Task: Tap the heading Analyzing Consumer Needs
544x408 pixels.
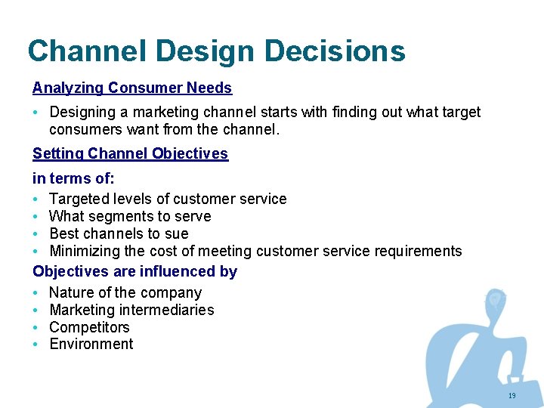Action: [132, 88]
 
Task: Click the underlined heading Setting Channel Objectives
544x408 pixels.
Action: [130, 153]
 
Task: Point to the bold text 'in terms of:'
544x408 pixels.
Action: [73, 179]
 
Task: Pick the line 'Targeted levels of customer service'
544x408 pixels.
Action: [168, 199]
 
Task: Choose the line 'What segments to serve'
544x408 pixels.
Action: [130, 216]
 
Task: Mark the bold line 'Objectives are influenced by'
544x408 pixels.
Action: [134, 271]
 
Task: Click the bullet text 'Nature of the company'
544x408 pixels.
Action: [125, 292]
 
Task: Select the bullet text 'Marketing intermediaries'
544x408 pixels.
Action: [131, 310]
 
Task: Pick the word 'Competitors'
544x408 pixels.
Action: [89, 327]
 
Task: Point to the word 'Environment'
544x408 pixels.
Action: [91, 345]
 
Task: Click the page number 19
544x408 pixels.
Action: [512, 396]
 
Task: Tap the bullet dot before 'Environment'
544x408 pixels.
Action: [36, 345]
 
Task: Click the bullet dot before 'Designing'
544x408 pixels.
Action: [36, 113]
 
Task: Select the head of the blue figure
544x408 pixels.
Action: [496, 300]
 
